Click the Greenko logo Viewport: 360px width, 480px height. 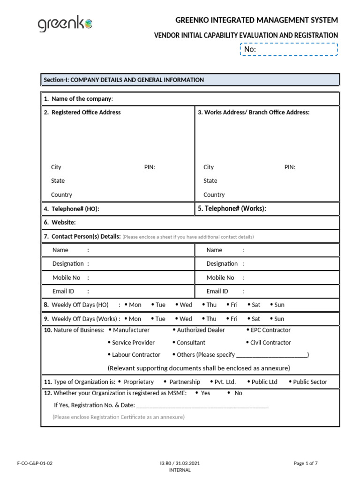point(65,24)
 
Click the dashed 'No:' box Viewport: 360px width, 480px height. point(289,49)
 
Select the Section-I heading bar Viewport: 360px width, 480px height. point(190,80)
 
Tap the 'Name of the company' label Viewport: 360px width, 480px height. point(78,99)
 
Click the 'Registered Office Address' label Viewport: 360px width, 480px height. point(82,112)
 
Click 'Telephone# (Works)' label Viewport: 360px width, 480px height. point(232,209)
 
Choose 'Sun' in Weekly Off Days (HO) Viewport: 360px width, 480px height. point(279,305)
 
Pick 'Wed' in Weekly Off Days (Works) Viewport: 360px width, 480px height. point(186,319)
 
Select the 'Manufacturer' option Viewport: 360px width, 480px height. point(131,330)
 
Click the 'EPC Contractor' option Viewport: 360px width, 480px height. point(270,330)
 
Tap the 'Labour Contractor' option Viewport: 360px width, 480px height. point(135,355)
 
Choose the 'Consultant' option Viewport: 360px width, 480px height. point(191,343)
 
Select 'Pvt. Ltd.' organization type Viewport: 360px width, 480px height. point(225,382)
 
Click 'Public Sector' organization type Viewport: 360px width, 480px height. point(310,382)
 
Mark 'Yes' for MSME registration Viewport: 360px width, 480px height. point(205,393)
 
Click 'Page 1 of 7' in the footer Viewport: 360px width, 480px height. point(306,464)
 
